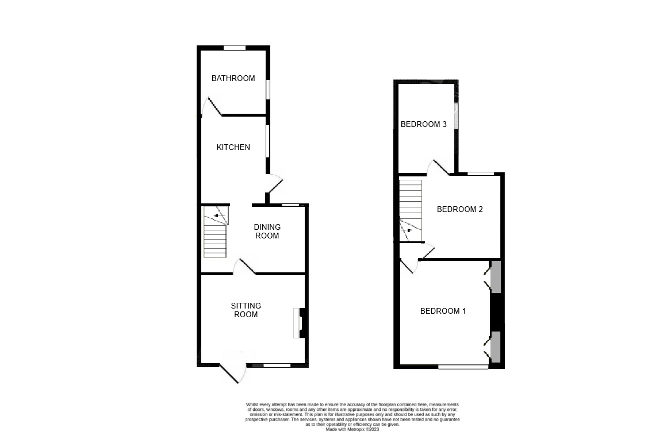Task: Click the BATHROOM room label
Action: point(233,78)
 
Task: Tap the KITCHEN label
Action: point(233,147)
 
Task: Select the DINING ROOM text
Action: point(267,231)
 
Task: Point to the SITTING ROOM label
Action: point(246,310)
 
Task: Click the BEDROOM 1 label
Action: point(443,311)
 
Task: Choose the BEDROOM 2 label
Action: point(460,209)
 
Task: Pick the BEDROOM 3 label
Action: point(424,124)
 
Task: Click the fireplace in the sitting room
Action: point(300,323)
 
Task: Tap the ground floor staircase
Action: point(215,232)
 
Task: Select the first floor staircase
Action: point(411,211)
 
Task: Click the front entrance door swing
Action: point(234,373)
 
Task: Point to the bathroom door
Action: point(212,107)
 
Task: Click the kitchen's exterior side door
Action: point(274,183)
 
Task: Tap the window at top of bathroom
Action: point(235,48)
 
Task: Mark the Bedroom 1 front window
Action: point(463,366)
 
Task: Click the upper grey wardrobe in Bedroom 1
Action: point(496,276)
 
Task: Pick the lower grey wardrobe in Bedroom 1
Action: point(496,346)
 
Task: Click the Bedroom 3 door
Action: point(439,167)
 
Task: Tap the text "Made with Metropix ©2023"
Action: point(352,429)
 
